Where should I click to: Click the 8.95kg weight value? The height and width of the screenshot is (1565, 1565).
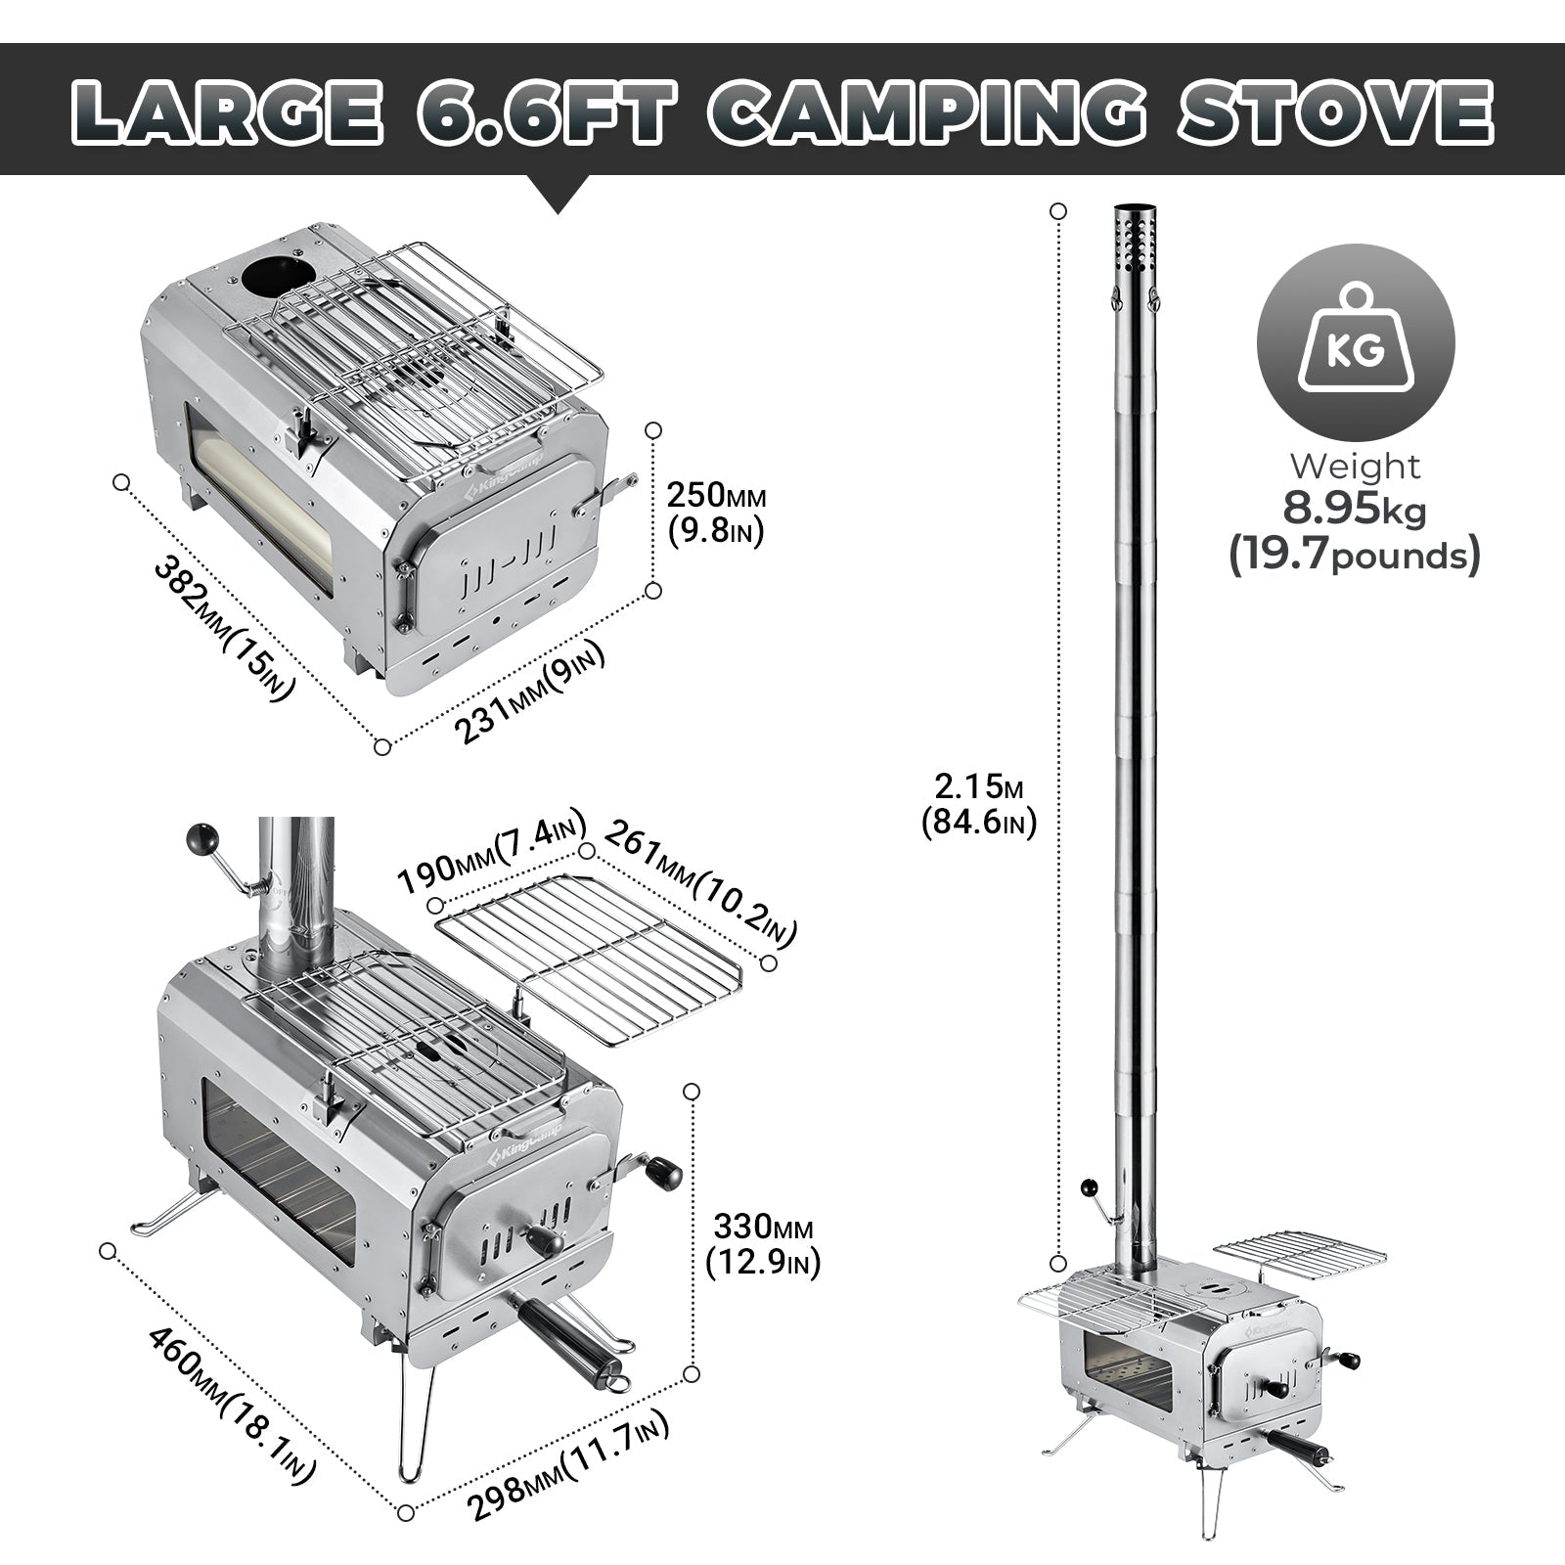pos(1355,510)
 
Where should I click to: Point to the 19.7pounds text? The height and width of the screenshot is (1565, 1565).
pos(1355,557)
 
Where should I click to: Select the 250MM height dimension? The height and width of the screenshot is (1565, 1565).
pos(715,496)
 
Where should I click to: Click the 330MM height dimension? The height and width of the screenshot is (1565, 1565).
pos(763,1227)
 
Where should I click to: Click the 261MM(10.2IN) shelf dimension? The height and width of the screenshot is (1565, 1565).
pos(699,884)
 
